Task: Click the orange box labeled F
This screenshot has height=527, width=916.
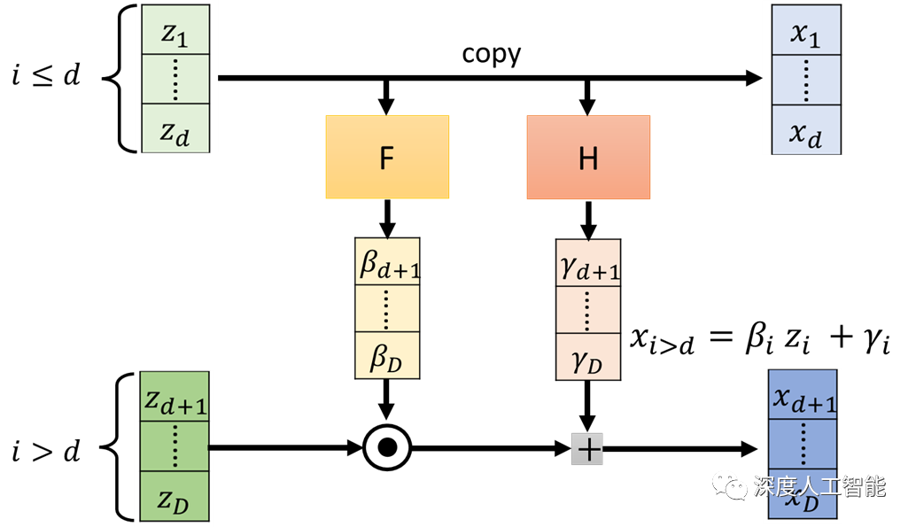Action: pos(387,158)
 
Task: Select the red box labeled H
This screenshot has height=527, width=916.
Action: pos(588,158)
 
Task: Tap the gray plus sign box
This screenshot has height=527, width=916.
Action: pos(587,449)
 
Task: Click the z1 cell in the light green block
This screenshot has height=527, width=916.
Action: pos(175,32)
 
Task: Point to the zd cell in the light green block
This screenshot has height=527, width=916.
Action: pos(175,130)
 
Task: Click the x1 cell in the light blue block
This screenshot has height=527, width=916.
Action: pos(805,32)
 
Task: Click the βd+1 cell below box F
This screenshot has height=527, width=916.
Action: pos(388,262)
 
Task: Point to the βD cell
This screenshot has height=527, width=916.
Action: pos(388,357)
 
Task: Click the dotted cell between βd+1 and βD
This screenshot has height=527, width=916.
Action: pos(388,309)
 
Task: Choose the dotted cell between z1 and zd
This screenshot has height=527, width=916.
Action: pos(175,81)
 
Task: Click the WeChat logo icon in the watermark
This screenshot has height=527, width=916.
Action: pos(732,484)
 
